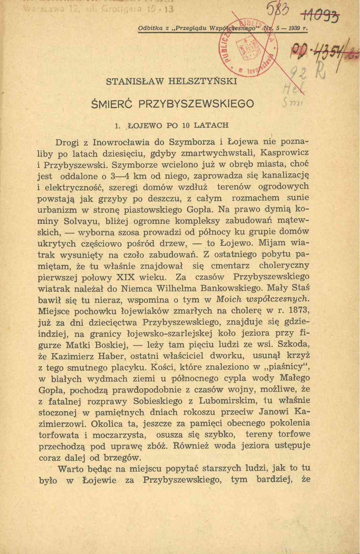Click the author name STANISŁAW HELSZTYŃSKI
coord(171,82)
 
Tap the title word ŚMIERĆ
coord(111,103)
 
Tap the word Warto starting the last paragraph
coord(70,469)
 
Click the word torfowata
coord(59,435)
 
